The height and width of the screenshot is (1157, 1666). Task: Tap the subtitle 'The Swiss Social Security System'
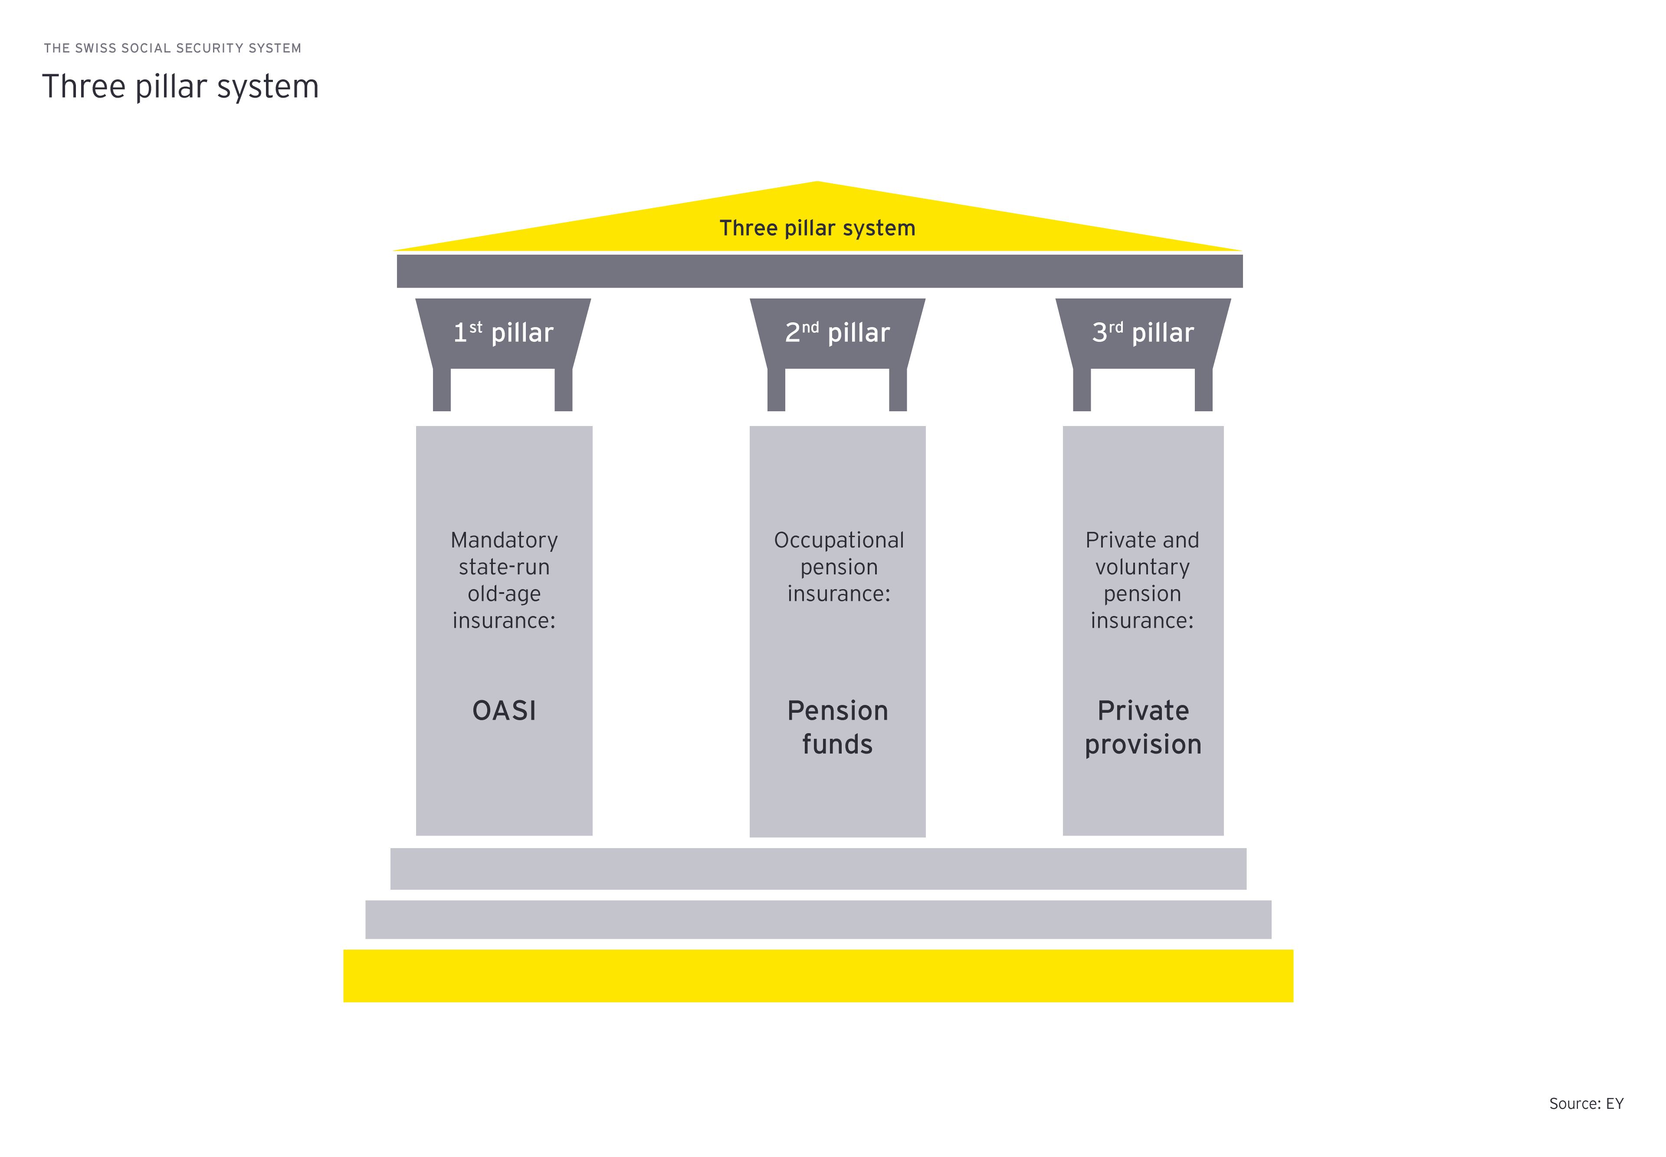173,48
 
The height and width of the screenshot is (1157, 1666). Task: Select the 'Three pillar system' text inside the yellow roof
817,228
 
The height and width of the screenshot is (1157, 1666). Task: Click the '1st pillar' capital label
503,333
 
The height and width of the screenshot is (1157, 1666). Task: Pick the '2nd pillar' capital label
837,333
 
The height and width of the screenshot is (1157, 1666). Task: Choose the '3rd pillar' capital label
1143,333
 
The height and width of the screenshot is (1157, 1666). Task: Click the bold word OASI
504,711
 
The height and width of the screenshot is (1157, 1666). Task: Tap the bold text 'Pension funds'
837,727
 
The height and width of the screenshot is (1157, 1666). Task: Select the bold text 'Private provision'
1143,727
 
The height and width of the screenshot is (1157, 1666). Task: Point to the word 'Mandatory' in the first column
504,540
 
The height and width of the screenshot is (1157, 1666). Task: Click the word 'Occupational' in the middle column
839,540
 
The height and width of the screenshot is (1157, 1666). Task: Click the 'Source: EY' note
1586,1103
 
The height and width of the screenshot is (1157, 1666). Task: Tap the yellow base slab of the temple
818,976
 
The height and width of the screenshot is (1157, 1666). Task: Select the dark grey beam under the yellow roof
819,271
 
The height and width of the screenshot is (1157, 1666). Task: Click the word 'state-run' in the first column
504,567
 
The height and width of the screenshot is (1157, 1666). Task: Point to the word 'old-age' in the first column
504,594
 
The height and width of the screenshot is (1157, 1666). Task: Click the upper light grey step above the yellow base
818,869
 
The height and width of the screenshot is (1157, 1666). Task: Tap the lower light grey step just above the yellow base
818,919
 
